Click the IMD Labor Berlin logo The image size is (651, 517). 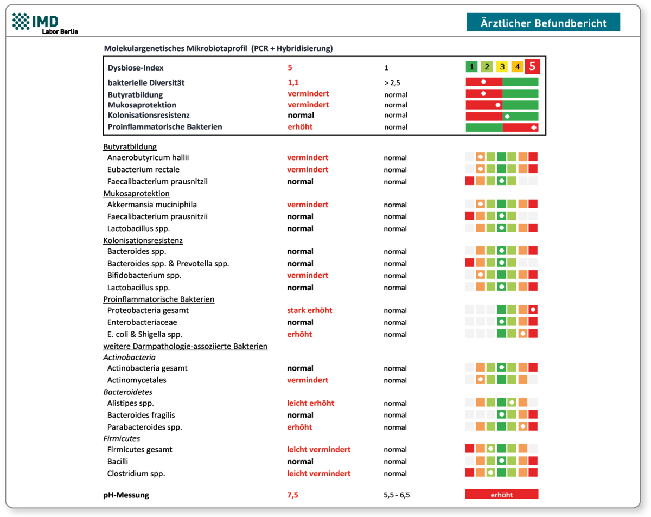[45, 23]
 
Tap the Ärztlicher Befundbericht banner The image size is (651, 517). [543, 22]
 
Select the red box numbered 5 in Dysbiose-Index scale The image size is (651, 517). [532, 67]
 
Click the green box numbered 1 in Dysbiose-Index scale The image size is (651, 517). [472, 67]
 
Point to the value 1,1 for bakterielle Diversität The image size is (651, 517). [293, 83]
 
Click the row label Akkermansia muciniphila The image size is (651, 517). [152, 205]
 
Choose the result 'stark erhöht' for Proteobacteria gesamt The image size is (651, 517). [309, 310]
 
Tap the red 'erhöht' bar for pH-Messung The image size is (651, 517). [501, 494]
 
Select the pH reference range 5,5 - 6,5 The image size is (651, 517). [395, 495]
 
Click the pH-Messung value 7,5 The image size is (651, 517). [292, 495]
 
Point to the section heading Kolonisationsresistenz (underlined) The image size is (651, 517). [143, 240]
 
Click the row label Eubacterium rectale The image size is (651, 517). [142, 169]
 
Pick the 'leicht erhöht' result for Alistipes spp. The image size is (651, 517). [310, 403]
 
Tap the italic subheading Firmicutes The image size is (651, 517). [122, 438]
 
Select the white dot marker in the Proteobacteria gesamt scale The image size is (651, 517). [533, 310]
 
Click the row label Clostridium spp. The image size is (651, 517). [136, 473]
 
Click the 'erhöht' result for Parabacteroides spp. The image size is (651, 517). [299, 427]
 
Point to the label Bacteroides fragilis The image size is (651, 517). [141, 415]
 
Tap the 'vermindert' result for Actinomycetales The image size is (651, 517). [308, 380]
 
